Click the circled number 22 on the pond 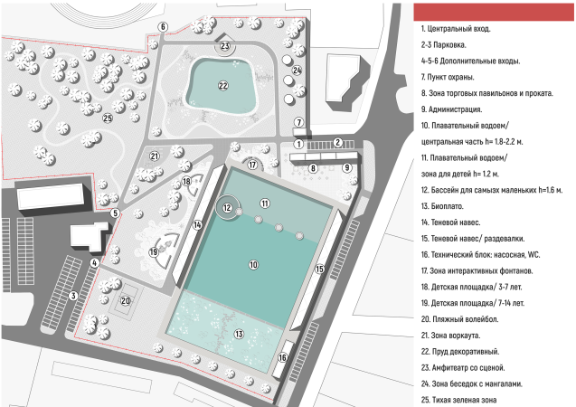tap(223, 86)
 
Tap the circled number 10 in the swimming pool tap(253, 264)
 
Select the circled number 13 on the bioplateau tap(239, 334)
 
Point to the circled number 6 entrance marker tap(163, 27)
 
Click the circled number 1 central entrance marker tap(298, 145)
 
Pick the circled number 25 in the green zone tap(108, 118)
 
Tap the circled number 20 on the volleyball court tap(126, 301)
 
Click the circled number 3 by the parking tap(73, 296)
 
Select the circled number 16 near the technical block tap(282, 357)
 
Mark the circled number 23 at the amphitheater tap(225, 46)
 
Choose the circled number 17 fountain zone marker tap(252, 165)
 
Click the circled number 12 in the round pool tap(227, 208)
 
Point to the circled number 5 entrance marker tap(115, 213)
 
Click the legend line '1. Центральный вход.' tap(456, 29)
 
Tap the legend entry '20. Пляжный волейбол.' tap(459, 319)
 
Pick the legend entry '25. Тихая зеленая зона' tap(458, 400)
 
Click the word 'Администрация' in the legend tap(455, 109)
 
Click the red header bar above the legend tap(494, 12)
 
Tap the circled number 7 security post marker tap(299, 122)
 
